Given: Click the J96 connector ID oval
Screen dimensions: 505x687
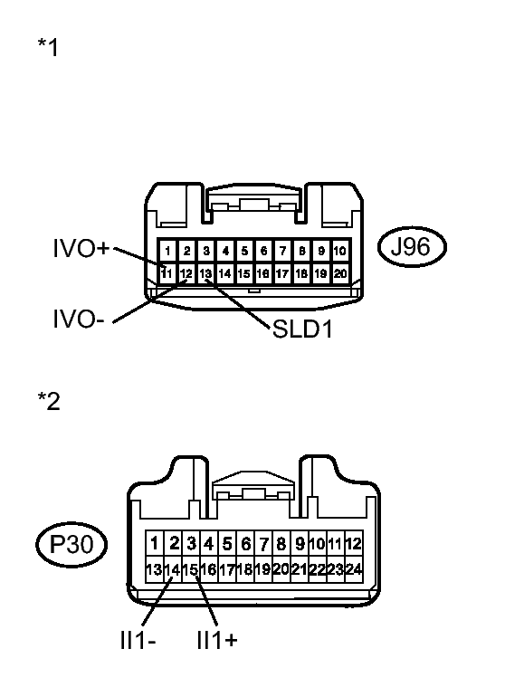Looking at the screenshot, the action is (x=412, y=247).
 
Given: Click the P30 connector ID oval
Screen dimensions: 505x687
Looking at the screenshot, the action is (x=71, y=544).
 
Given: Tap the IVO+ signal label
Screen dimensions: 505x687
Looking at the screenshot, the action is (x=81, y=248).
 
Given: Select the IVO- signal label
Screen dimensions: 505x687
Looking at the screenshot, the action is (x=79, y=319).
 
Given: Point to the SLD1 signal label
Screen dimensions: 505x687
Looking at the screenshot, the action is (x=302, y=329).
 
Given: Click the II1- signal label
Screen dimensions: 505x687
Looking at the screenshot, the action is (x=138, y=641).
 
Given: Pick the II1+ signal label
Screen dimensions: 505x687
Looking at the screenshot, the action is (x=217, y=641).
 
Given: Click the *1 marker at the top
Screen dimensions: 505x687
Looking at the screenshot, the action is (x=48, y=47).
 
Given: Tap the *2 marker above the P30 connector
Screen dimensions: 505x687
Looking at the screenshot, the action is (x=49, y=401).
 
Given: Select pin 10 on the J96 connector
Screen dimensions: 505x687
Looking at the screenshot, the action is (x=340, y=251).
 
